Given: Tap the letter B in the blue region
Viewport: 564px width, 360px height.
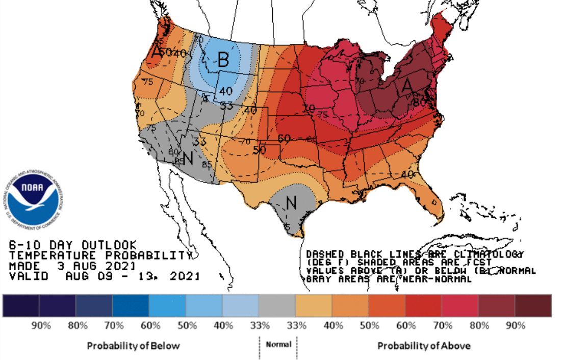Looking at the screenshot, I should tap(223, 61).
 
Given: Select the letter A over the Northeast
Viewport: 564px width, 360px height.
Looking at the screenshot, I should tap(406, 87).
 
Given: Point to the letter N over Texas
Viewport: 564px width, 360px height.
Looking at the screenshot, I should tap(291, 203).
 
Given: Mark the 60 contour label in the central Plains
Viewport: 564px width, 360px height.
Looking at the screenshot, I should tap(285, 138).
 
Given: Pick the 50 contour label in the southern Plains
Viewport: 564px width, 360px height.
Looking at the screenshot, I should tap(260, 150).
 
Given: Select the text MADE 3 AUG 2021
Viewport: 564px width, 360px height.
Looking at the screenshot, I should tap(72, 266).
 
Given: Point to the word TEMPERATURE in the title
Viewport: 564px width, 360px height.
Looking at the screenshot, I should tap(45, 255).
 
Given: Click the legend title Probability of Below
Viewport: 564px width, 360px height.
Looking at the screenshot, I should tap(133, 346).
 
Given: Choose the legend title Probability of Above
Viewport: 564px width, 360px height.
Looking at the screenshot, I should tap(424, 346).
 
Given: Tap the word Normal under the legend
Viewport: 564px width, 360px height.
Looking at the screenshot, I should tap(278, 344).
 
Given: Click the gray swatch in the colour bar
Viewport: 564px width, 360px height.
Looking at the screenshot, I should tap(277, 305).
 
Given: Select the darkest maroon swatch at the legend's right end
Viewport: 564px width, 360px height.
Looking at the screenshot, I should tap(533, 305).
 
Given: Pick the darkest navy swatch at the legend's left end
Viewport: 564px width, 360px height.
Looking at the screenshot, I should tap(21, 305).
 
